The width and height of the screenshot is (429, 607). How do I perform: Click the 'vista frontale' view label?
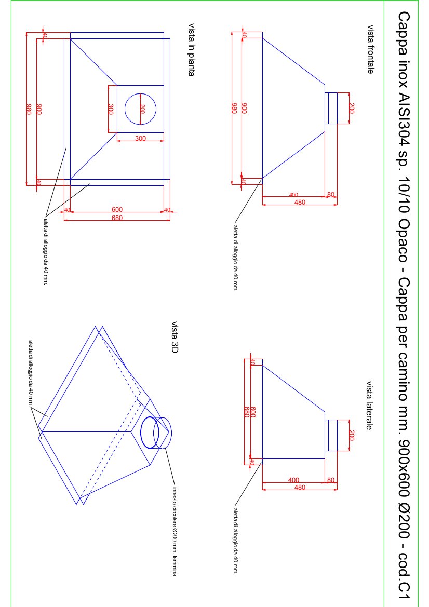click(370, 49)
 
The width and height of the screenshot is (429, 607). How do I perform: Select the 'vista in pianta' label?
click(191, 50)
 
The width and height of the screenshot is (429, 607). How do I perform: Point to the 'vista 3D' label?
click(175, 337)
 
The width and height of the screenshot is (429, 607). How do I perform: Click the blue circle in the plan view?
click(140, 109)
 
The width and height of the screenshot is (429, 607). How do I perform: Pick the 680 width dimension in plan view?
click(117, 218)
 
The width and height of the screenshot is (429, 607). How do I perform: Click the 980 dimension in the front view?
click(234, 109)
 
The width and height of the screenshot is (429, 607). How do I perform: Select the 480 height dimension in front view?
click(300, 202)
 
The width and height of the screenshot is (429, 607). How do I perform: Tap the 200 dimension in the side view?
click(352, 435)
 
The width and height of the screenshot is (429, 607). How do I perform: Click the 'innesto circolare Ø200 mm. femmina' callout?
click(175, 531)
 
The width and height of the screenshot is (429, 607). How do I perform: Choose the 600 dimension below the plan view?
click(117, 209)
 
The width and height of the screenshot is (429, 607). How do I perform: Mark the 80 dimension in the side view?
click(331, 480)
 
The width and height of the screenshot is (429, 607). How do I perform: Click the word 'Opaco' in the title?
click(404, 246)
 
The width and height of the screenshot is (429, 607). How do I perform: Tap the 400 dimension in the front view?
click(293, 195)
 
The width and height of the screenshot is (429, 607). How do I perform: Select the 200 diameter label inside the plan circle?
click(142, 109)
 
